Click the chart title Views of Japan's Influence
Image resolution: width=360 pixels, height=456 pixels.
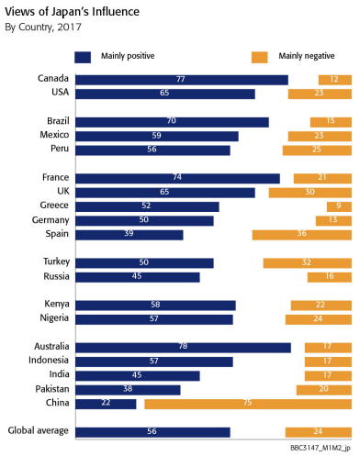72,12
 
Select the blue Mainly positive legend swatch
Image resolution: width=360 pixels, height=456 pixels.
83,57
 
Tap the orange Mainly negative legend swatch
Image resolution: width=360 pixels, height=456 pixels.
260,57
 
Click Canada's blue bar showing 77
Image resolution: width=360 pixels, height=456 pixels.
182,80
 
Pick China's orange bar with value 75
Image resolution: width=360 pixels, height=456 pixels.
248,404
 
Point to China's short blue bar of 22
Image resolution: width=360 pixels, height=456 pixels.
106,404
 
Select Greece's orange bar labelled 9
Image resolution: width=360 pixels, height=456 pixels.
339,206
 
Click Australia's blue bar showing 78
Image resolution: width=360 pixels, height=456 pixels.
183,348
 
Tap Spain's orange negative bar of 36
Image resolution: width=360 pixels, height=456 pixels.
302,235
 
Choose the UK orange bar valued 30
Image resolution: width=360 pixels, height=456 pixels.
310,193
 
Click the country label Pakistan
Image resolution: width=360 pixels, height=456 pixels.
52,389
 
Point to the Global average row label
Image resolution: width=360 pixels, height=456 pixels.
39,430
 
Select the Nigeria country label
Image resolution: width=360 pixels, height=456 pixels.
54,318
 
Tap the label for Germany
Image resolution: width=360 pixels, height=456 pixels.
51,220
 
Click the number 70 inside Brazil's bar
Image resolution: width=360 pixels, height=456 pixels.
172,121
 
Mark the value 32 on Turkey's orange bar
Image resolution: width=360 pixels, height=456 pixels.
307,262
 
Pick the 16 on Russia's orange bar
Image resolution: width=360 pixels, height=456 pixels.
330,276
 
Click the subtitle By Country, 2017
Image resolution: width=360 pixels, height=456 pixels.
43,28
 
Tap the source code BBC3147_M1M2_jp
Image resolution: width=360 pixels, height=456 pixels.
321,448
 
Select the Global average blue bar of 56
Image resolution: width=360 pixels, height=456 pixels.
152,432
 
